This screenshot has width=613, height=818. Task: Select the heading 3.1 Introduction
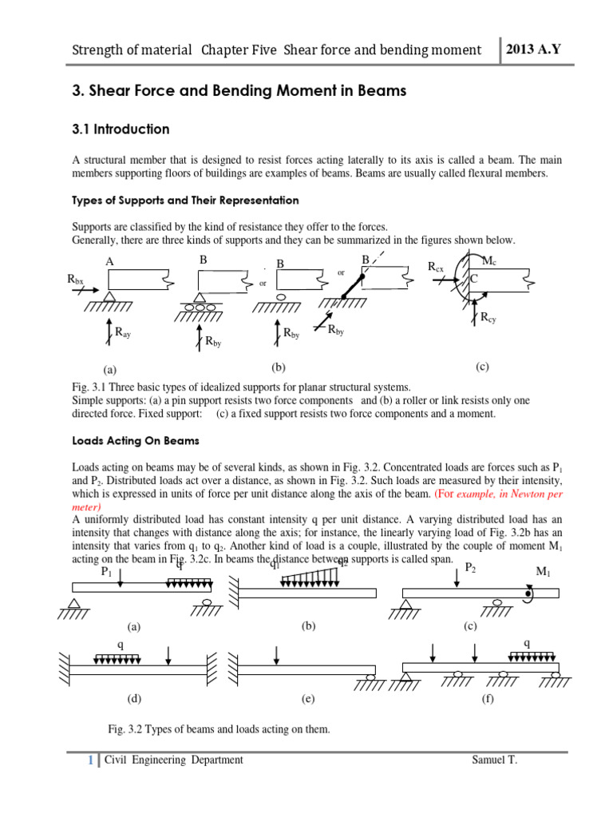coord(121,129)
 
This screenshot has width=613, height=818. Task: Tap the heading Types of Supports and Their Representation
coord(185,200)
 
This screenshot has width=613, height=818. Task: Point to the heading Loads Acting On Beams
coord(136,440)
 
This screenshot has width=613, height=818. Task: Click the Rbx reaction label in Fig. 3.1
coord(75,279)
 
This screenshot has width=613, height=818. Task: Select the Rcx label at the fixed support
coord(436,266)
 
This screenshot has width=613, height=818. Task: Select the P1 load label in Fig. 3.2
coord(106,572)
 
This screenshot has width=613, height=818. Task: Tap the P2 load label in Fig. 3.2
coord(471,567)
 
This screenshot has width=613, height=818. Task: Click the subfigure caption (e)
coord(308,699)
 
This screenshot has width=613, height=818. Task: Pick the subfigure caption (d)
coord(134,699)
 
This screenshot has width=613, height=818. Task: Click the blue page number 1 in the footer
coord(91,760)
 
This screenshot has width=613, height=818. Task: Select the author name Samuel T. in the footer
coord(495,760)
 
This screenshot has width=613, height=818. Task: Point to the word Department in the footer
coord(216,760)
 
